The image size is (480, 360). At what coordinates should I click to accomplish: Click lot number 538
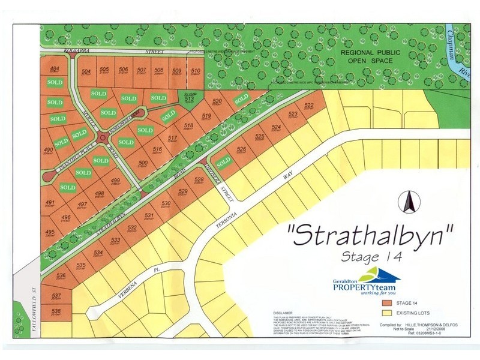point(56,312)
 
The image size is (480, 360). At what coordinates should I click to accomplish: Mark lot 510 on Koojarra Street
point(195,73)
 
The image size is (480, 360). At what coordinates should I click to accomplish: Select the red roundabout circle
point(104,139)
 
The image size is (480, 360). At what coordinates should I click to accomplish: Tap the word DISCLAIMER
point(282,313)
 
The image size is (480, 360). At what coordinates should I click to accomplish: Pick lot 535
point(82,266)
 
